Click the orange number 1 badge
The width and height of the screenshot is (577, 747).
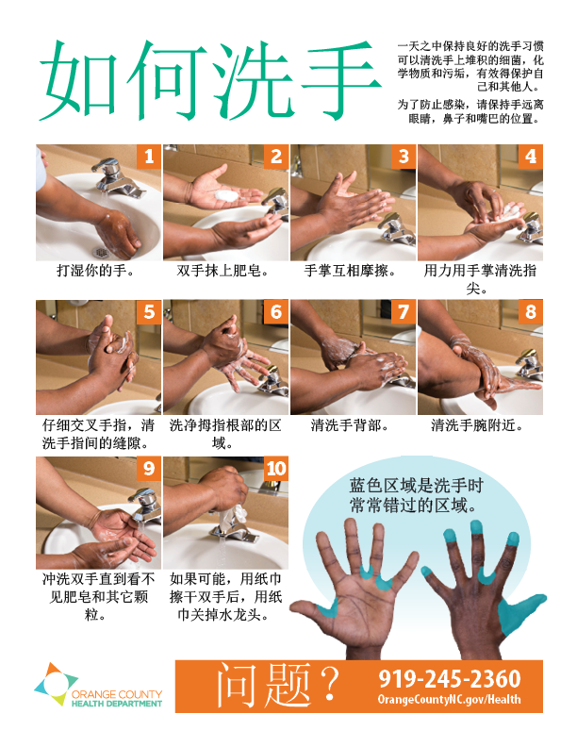(149, 157)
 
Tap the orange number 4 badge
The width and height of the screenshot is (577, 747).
(531, 157)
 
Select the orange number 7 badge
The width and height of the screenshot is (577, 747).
(404, 311)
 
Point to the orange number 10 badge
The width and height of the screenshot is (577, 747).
(276, 469)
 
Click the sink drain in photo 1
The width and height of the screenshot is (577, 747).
(101, 251)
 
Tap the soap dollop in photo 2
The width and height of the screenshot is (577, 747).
(226, 195)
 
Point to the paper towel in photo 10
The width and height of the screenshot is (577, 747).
(235, 516)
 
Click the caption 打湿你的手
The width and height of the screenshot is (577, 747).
(96, 271)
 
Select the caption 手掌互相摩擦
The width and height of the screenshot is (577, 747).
(351, 271)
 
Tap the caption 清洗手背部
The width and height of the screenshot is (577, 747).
(350, 425)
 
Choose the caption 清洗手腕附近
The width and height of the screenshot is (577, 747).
(477, 425)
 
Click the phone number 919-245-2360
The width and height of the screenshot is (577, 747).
(450, 678)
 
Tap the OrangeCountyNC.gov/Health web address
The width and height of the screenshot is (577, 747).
(449, 699)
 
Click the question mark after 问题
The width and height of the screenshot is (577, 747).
(329, 684)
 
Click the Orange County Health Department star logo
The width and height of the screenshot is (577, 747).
(56, 684)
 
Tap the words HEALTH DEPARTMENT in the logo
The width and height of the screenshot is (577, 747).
(117, 704)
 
